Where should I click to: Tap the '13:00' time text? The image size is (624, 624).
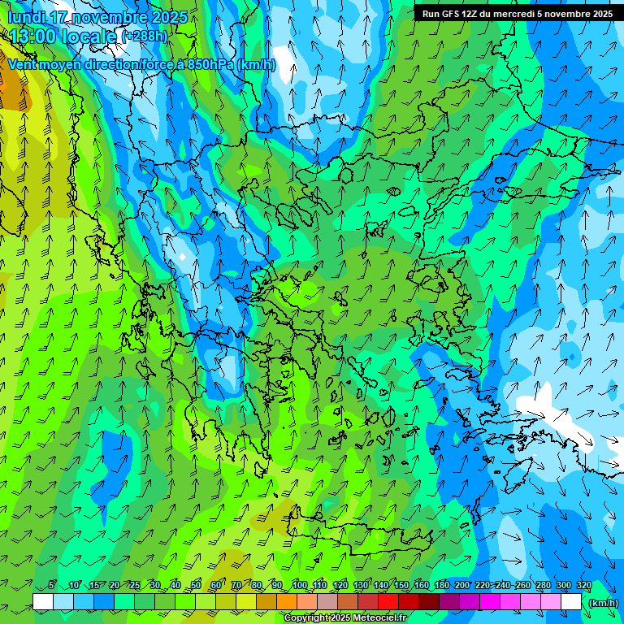coord(33,37)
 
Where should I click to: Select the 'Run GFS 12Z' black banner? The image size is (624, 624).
coord(518,14)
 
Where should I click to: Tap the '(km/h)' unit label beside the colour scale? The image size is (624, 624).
coord(603,602)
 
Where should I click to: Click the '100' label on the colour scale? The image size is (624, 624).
coord(300,586)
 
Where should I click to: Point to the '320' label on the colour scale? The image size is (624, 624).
coord(583,586)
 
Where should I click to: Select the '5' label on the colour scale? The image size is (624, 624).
coord(51,586)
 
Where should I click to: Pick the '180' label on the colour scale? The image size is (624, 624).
coord(441,586)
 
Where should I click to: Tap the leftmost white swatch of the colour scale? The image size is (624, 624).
coord(43,602)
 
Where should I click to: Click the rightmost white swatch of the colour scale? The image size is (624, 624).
coord(571,602)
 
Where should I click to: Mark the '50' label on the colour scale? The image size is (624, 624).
coord(196,586)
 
